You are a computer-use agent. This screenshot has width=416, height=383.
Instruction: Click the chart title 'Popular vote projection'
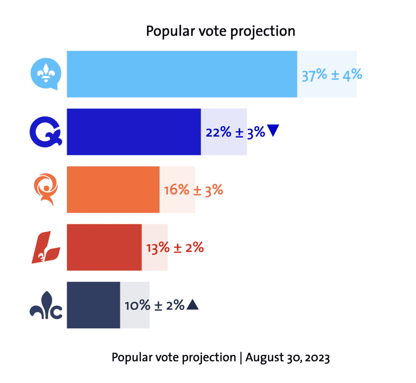point(220,31)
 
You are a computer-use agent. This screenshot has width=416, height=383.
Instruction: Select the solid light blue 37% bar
point(182,74)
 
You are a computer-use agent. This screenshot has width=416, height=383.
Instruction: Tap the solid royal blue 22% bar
point(134,132)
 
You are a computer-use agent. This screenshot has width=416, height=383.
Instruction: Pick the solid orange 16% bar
point(113,189)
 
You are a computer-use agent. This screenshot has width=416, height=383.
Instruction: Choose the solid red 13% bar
point(104,247)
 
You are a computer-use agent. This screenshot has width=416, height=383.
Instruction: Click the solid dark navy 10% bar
point(93,305)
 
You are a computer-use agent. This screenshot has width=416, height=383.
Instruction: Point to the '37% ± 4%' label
point(331,75)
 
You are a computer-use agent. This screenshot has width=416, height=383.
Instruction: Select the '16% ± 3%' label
point(193,189)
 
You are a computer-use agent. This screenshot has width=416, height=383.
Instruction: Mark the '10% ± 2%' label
point(155,305)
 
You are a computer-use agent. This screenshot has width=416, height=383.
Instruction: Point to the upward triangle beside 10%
point(192,305)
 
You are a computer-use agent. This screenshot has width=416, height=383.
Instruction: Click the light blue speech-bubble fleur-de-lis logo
point(45,74)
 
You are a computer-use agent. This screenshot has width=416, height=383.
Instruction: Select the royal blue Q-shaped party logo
point(46,132)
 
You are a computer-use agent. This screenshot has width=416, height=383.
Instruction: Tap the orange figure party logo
point(46,189)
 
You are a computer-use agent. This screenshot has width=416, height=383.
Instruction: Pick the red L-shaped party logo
point(45,247)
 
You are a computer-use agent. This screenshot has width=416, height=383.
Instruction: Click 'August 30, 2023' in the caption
point(287,357)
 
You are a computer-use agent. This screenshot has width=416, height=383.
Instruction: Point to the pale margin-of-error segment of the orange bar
point(177,189)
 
